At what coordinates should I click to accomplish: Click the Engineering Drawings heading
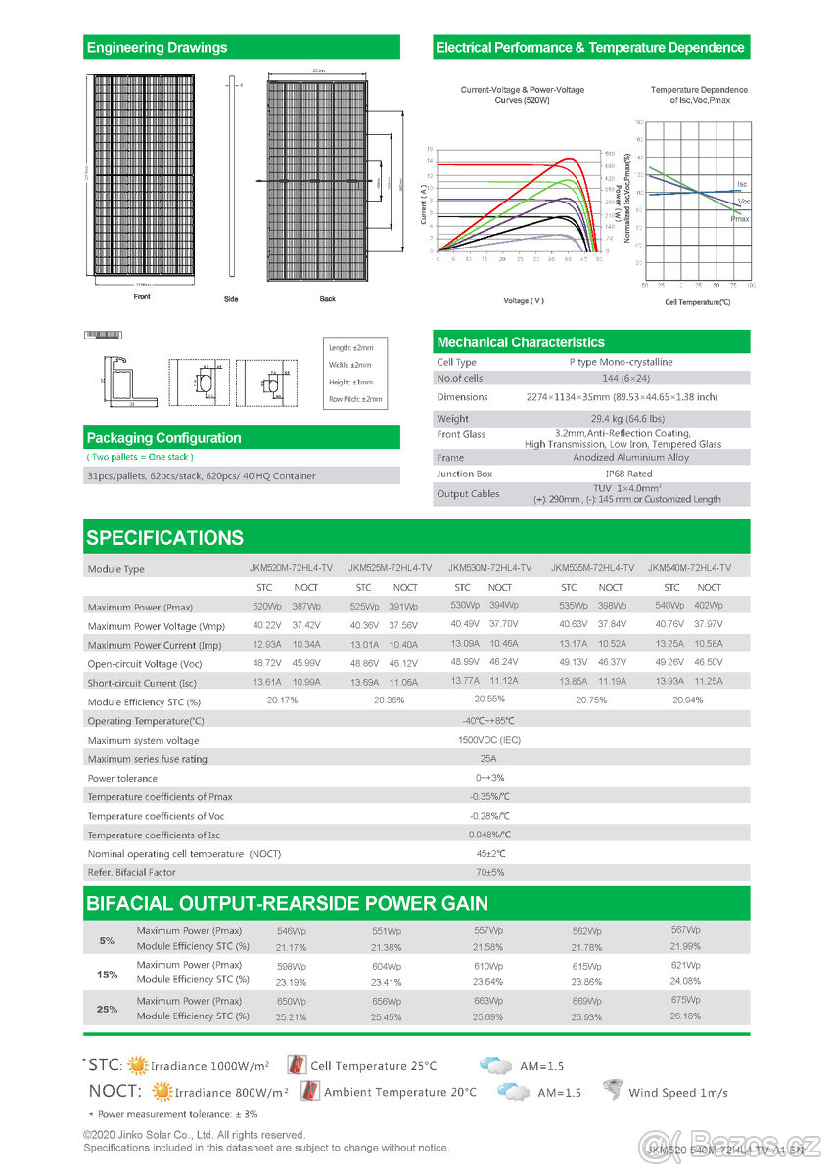[x=157, y=47]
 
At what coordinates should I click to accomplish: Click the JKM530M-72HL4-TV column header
[x=489, y=568]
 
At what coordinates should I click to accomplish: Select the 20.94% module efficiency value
[x=687, y=700]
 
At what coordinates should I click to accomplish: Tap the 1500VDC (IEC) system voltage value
[x=489, y=740]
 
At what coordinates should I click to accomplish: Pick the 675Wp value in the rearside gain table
[x=685, y=1000]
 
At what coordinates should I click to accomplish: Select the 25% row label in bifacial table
[x=108, y=1009]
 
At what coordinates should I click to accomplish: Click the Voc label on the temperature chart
[x=745, y=201]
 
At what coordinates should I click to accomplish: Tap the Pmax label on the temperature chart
[x=740, y=220]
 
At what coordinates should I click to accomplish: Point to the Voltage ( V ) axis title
[x=523, y=300]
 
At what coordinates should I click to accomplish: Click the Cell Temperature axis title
[x=698, y=302]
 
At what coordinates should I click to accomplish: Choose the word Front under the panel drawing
[x=142, y=296]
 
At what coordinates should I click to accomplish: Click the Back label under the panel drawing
[x=327, y=298]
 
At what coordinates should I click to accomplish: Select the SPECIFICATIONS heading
[x=164, y=538]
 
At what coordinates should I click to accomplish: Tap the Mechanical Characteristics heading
[x=521, y=342]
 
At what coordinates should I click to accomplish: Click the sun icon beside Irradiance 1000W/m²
[x=139, y=1065]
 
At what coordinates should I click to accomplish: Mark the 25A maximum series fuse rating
[x=488, y=758]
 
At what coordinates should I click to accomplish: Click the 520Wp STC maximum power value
[x=266, y=607]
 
